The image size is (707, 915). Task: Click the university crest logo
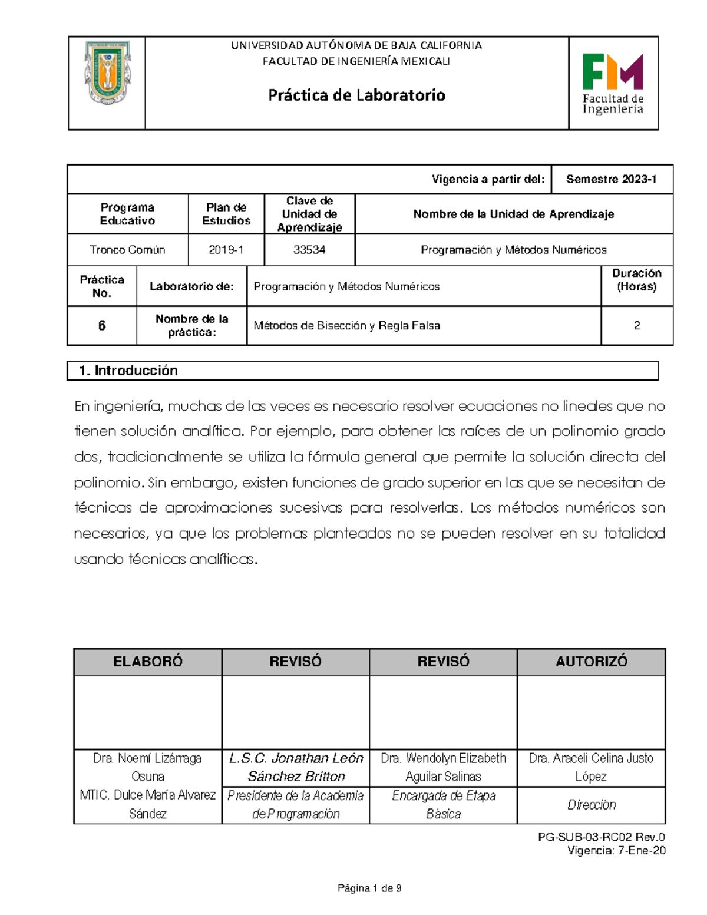(x=107, y=72)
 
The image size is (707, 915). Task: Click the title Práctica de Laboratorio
(x=356, y=95)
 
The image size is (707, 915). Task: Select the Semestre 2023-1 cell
(x=611, y=179)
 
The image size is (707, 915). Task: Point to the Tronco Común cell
(x=127, y=250)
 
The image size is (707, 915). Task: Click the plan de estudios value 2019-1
(x=226, y=250)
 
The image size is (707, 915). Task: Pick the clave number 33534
(x=309, y=250)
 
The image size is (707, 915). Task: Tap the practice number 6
(x=102, y=325)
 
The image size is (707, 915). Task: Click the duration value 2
(x=636, y=325)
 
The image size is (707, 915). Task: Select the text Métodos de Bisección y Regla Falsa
(x=346, y=325)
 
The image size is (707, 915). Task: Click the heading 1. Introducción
(x=128, y=371)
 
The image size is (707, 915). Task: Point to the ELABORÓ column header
(x=148, y=662)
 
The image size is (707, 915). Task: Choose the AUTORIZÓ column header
(x=591, y=662)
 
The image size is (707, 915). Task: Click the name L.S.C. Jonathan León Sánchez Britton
(x=296, y=767)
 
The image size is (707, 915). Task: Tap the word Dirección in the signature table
(x=591, y=805)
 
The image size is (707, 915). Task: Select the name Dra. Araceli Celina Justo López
(x=591, y=767)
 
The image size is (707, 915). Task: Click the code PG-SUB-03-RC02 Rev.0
(x=601, y=837)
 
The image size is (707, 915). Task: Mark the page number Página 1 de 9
(x=369, y=888)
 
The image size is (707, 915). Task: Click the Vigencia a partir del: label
(x=488, y=179)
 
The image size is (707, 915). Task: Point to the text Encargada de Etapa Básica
(x=444, y=805)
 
